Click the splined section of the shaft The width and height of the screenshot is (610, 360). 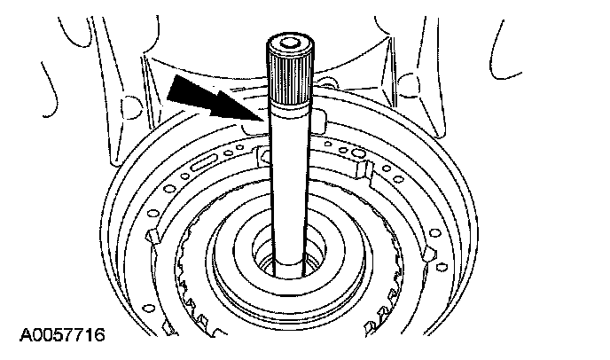pos(289,76)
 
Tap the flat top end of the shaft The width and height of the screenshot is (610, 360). pos(289,41)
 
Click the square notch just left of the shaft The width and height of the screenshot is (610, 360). pos(262,157)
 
